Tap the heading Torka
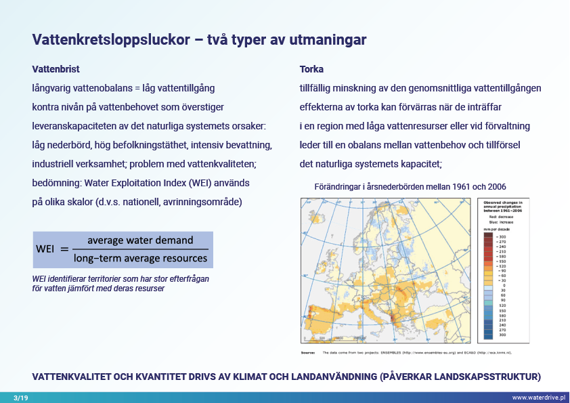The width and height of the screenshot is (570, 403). [x=311, y=69]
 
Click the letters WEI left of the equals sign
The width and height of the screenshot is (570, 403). [x=45, y=249]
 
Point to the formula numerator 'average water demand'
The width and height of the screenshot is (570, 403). [x=140, y=240]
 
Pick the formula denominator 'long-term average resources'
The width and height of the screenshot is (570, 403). [x=140, y=257]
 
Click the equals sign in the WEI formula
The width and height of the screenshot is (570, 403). [x=65, y=249]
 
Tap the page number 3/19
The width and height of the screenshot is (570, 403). [x=20, y=398]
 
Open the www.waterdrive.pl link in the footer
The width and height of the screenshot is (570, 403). [x=538, y=398]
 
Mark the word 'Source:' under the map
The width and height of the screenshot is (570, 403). [x=308, y=353]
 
